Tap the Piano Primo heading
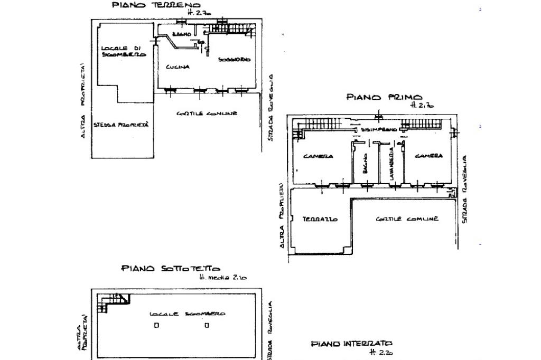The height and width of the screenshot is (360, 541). coord(384,97)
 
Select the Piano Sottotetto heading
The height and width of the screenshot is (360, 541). coord(171,268)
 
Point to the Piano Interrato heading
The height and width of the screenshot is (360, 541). coord(351,344)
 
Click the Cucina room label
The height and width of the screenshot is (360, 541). coord(178,67)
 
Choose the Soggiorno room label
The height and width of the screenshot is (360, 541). coord(234,59)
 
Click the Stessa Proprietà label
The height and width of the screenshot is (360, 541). coord(121,125)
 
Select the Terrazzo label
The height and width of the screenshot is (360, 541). coord(320,219)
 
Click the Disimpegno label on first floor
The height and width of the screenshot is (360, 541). coord(379,129)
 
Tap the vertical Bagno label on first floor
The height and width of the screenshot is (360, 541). coord(365,164)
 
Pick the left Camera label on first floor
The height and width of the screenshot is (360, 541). coord(318,156)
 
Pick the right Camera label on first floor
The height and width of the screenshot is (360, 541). coord(428,156)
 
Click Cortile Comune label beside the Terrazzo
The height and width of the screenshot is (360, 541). coord(407,219)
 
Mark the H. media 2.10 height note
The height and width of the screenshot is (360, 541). coord(222,277)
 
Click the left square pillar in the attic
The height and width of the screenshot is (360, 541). coord(156,325)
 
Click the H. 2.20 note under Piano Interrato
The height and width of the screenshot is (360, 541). coord(381,352)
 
